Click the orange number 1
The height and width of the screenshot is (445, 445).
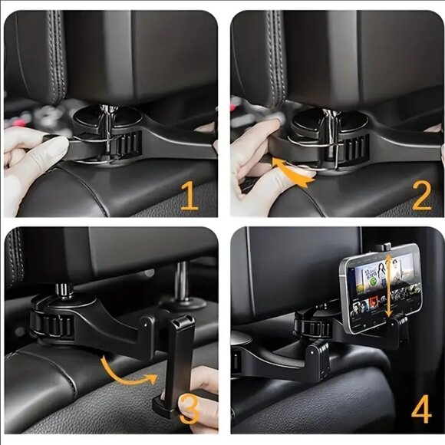(190, 196)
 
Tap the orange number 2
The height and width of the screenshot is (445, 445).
(422, 196)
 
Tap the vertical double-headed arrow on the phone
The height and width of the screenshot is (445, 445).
(389, 285)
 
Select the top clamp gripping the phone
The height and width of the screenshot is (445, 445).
(384, 247)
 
